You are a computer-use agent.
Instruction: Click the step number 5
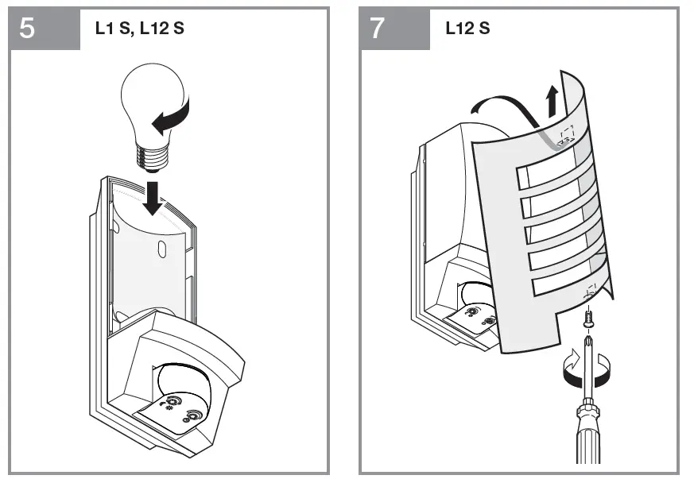pyautogui.click(x=27, y=29)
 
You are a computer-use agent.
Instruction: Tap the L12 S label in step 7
pyautogui.click(x=467, y=30)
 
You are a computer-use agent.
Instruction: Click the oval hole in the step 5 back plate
pyautogui.click(x=161, y=246)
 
